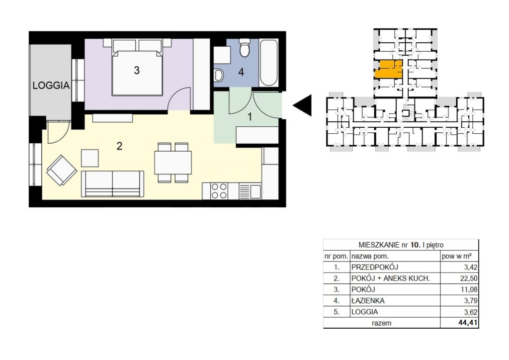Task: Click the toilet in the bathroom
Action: pos(244,48)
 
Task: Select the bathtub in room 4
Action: pos(269,63)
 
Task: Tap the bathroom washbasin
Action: pos(219,76)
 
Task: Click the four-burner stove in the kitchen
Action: pos(219,191)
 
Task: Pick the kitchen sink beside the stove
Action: pos(250,191)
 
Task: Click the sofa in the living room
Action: pos(112,184)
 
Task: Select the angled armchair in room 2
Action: pos(62,170)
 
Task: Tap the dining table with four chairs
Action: pos(172,163)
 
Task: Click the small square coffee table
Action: pos(90,158)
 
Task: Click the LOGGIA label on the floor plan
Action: pos(51,86)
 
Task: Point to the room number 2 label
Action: pos(119,146)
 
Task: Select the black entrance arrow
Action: pos(302,105)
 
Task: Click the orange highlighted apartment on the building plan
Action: pos(389,69)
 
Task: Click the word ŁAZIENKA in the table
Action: pos(368,301)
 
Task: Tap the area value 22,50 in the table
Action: pos(469,278)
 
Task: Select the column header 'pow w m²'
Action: pos(456,256)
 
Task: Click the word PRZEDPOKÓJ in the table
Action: pos(375,267)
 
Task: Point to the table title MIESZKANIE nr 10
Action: pos(389,245)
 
